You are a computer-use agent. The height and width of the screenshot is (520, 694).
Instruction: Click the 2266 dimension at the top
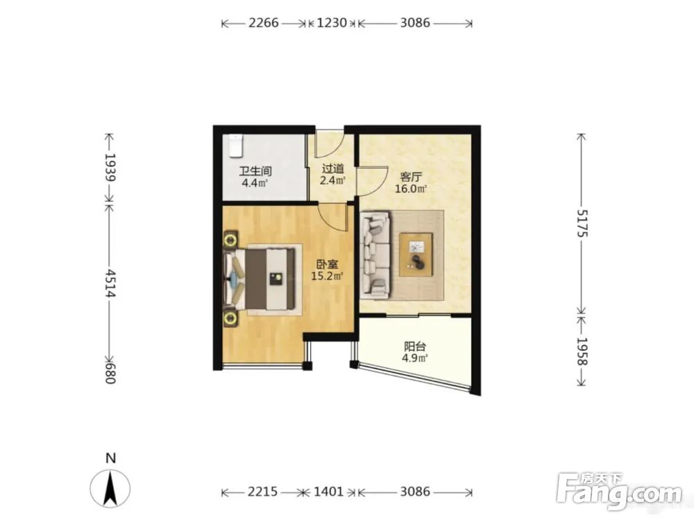[x=263, y=23]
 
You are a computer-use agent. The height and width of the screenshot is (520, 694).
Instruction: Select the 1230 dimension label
[x=332, y=23]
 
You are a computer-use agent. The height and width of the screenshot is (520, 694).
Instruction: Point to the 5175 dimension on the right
[x=582, y=223]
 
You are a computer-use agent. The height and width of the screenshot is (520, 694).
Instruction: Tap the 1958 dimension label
[x=582, y=352]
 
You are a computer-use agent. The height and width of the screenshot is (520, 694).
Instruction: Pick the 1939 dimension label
[x=110, y=168]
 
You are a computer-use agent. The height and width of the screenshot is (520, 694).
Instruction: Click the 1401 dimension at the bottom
[x=328, y=492]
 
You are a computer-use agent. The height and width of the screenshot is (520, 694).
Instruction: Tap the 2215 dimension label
[x=262, y=492]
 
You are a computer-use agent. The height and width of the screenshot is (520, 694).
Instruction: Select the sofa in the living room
[x=375, y=254]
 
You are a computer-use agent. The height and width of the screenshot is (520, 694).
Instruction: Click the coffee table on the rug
[x=416, y=254]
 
